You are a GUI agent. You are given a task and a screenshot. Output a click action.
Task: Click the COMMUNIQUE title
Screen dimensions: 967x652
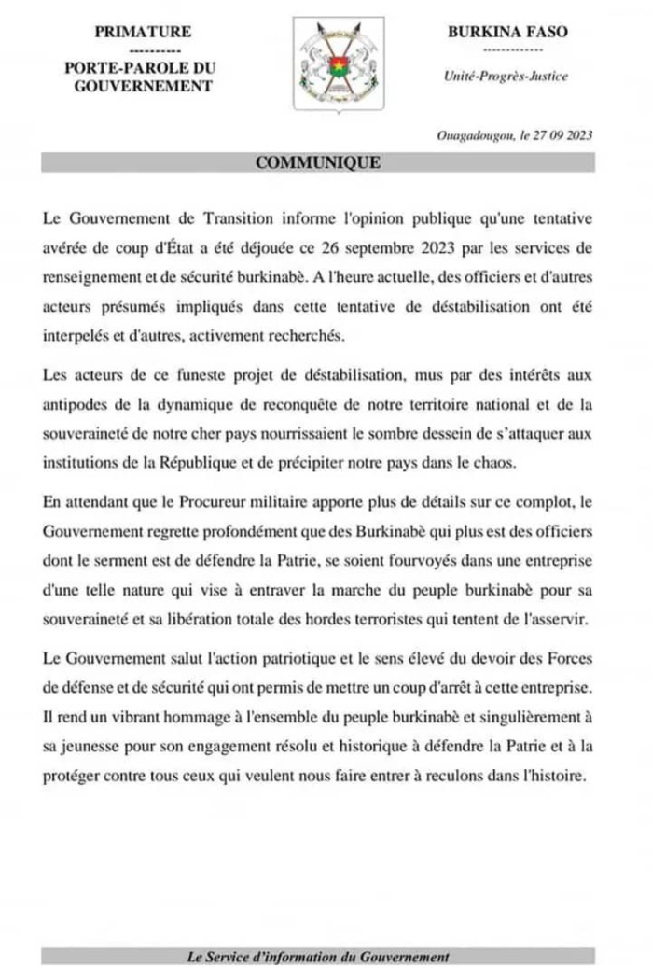pos(317,162)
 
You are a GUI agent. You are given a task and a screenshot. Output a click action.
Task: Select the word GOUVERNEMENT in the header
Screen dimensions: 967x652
pos(144,86)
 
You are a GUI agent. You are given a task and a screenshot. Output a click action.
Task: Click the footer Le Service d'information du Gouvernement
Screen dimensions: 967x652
pos(318,956)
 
